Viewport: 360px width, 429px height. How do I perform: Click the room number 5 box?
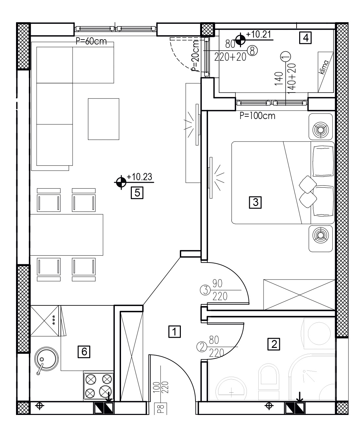[x=137, y=193]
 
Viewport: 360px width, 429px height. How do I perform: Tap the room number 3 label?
[x=255, y=202]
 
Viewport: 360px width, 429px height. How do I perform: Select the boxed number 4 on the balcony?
[x=305, y=38]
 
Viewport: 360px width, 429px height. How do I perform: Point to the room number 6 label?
[x=84, y=352]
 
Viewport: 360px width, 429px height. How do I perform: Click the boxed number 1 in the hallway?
[x=175, y=332]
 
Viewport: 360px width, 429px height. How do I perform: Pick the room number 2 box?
[x=274, y=344]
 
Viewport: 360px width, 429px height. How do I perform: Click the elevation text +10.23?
[x=139, y=177]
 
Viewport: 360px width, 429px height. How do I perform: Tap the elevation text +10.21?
[x=259, y=34]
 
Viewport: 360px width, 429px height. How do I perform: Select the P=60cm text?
[x=91, y=41]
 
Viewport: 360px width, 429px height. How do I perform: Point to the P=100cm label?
[x=257, y=116]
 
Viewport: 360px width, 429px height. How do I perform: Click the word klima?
[x=324, y=67]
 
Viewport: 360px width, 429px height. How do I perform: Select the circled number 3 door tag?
[x=205, y=290]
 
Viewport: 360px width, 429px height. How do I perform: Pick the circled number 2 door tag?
[x=202, y=347]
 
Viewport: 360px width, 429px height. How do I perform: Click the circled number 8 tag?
[x=252, y=51]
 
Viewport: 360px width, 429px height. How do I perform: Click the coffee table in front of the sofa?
[x=104, y=119]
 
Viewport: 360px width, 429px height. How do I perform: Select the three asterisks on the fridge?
[x=54, y=320]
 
